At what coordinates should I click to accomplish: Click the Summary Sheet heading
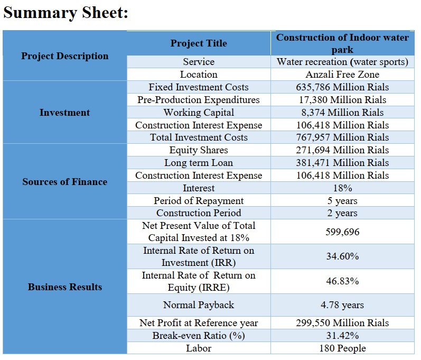tap(66, 13)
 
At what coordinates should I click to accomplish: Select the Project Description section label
tap(64, 56)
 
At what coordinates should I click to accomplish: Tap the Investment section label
tap(64, 112)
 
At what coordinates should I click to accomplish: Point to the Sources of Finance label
tap(64, 182)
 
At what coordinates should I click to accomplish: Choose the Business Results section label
tap(64, 287)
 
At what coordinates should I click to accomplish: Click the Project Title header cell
tap(199, 43)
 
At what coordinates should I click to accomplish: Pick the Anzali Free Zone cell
tap(342, 75)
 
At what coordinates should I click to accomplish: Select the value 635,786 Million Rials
tap(342, 87)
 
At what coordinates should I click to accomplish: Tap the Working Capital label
tap(199, 112)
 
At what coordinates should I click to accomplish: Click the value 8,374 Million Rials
tap(342, 112)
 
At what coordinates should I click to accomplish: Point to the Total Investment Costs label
tap(199, 137)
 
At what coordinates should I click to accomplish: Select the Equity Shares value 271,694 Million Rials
tap(342, 150)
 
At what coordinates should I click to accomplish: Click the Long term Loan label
tap(199, 162)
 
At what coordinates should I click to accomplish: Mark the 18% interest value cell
tap(342, 188)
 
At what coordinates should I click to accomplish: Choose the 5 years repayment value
tap(342, 201)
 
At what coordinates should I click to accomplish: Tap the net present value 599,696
tap(342, 232)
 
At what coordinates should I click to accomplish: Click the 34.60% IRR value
tap(342, 256)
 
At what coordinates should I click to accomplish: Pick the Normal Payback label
tap(199, 305)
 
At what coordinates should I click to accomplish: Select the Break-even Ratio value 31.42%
tap(342, 336)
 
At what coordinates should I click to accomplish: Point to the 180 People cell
tap(342, 348)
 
